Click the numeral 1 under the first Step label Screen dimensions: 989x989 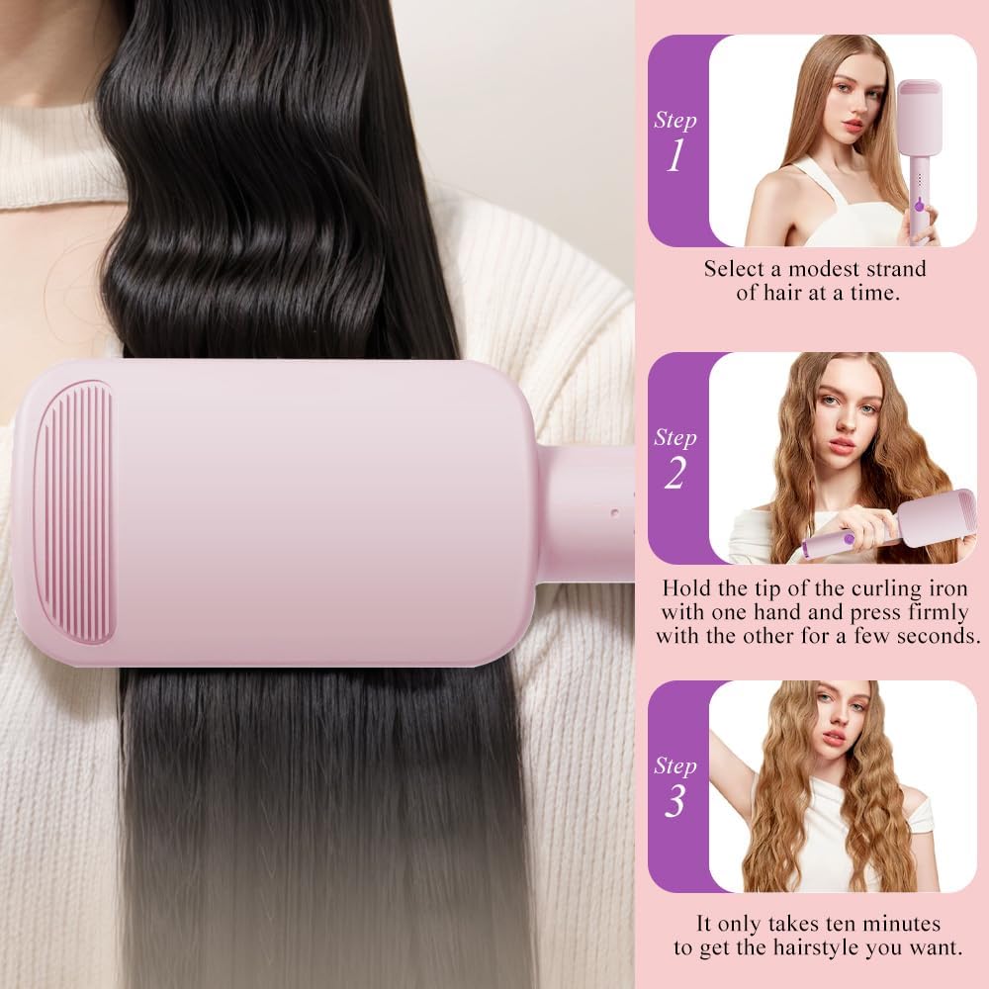pyautogui.click(x=674, y=155)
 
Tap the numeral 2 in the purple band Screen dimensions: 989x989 pyautogui.click(x=674, y=473)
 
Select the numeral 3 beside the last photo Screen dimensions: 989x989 pyautogui.click(x=674, y=801)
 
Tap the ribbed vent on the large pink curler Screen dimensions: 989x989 pyautogui.click(x=74, y=511)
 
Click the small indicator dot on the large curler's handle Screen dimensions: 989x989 pyautogui.click(x=615, y=513)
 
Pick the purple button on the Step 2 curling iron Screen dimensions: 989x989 pyautogui.click(x=849, y=539)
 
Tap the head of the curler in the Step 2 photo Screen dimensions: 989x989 pyautogui.click(x=930, y=517)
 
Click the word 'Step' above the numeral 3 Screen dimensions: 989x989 pyautogui.click(x=674, y=765)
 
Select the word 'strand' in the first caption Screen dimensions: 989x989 pyautogui.click(x=896, y=269)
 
